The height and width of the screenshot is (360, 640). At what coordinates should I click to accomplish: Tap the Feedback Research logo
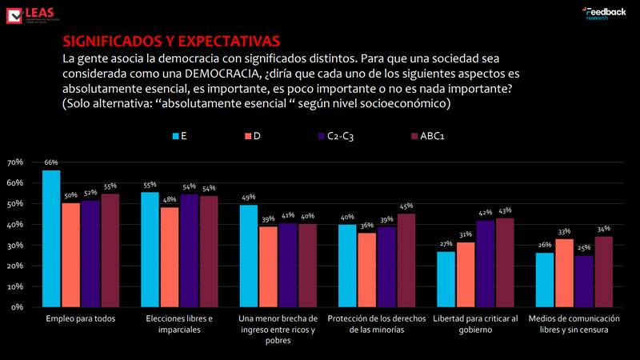tap(603, 14)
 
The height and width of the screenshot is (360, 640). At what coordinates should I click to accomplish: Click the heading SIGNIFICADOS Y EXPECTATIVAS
tap(171, 41)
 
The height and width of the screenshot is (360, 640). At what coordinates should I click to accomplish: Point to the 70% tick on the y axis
tap(14, 162)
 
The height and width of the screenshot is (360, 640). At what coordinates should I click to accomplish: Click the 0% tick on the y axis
tap(17, 307)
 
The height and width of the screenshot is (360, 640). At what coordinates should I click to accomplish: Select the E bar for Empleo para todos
tap(51, 238)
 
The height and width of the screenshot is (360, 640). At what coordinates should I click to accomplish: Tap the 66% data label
tap(50, 162)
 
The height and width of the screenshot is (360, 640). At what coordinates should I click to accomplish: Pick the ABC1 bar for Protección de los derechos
tap(406, 260)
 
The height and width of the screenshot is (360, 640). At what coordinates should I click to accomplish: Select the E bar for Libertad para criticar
tap(446, 279)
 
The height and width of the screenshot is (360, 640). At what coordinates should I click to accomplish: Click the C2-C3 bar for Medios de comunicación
tap(585, 281)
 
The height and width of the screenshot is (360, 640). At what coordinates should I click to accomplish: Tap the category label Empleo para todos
tap(81, 319)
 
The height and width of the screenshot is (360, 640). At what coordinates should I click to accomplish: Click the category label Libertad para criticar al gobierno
tap(476, 324)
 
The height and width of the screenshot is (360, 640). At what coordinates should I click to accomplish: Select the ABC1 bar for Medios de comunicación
tap(603, 271)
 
